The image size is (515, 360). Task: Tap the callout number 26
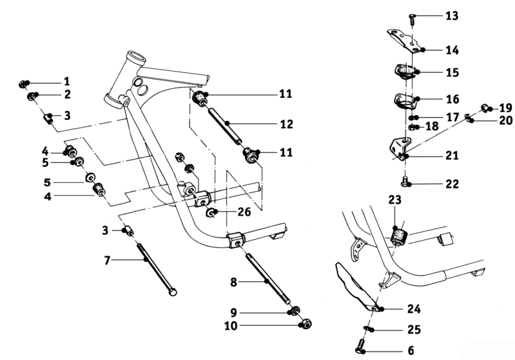[243, 211]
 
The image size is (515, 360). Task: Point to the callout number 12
[287, 124]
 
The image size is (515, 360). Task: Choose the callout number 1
[66, 82]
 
